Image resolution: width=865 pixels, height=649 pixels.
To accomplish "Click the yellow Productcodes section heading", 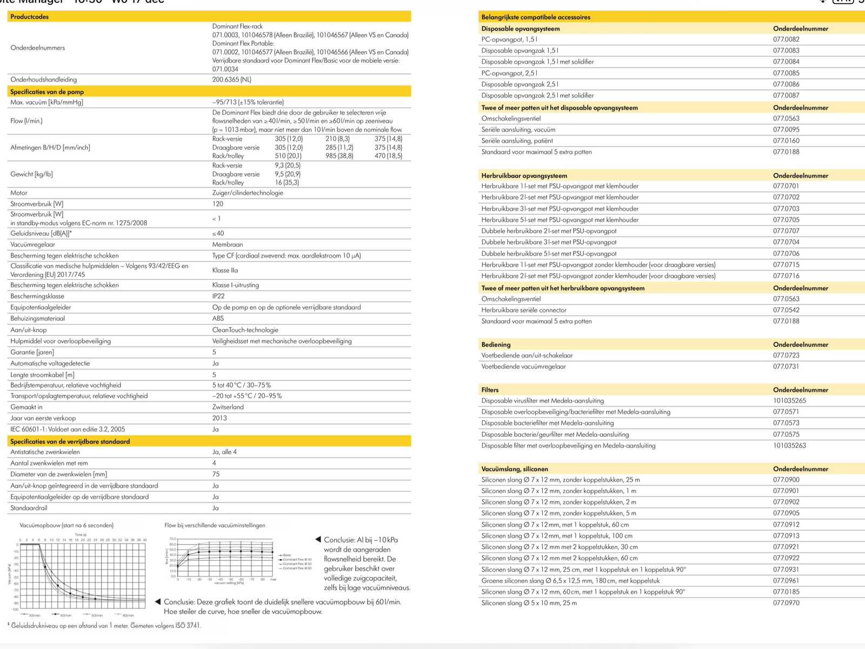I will tap(30, 17).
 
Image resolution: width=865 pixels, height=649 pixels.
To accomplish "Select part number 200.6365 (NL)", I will tap(231, 80).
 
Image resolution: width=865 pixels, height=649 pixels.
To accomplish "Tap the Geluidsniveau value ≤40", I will tap(218, 233).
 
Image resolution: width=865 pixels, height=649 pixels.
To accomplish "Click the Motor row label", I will tap(19, 193).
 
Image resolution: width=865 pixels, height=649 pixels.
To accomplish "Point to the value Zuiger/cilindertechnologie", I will tap(248, 193).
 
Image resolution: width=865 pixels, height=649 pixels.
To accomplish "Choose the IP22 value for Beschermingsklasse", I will tap(218, 296).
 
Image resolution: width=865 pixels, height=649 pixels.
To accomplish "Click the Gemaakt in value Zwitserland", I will tap(228, 407).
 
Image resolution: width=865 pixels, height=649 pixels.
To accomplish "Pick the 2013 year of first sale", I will tap(219, 418).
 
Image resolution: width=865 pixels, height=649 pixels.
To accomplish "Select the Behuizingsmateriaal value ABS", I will tap(218, 318).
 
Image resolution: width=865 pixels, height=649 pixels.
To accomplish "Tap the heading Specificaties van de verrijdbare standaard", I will tap(70, 441).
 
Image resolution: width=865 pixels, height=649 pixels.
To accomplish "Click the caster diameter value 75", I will tap(216, 474).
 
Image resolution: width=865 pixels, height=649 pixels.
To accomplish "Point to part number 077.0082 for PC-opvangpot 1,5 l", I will tap(786, 39).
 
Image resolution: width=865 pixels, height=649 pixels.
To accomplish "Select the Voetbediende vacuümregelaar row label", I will tap(523, 366).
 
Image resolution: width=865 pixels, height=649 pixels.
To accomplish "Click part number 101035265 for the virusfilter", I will tap(789, 401).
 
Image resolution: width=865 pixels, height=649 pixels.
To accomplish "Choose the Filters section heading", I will tap(490, 389).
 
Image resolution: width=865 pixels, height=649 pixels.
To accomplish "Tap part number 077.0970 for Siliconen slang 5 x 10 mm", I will tap(786, 602).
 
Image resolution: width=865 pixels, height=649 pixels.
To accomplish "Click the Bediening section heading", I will tap(496, 345).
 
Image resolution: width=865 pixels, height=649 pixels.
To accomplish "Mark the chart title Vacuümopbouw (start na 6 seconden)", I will tap(66, 525).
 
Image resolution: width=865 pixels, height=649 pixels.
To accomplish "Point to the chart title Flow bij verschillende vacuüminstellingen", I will tap(215, 525).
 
